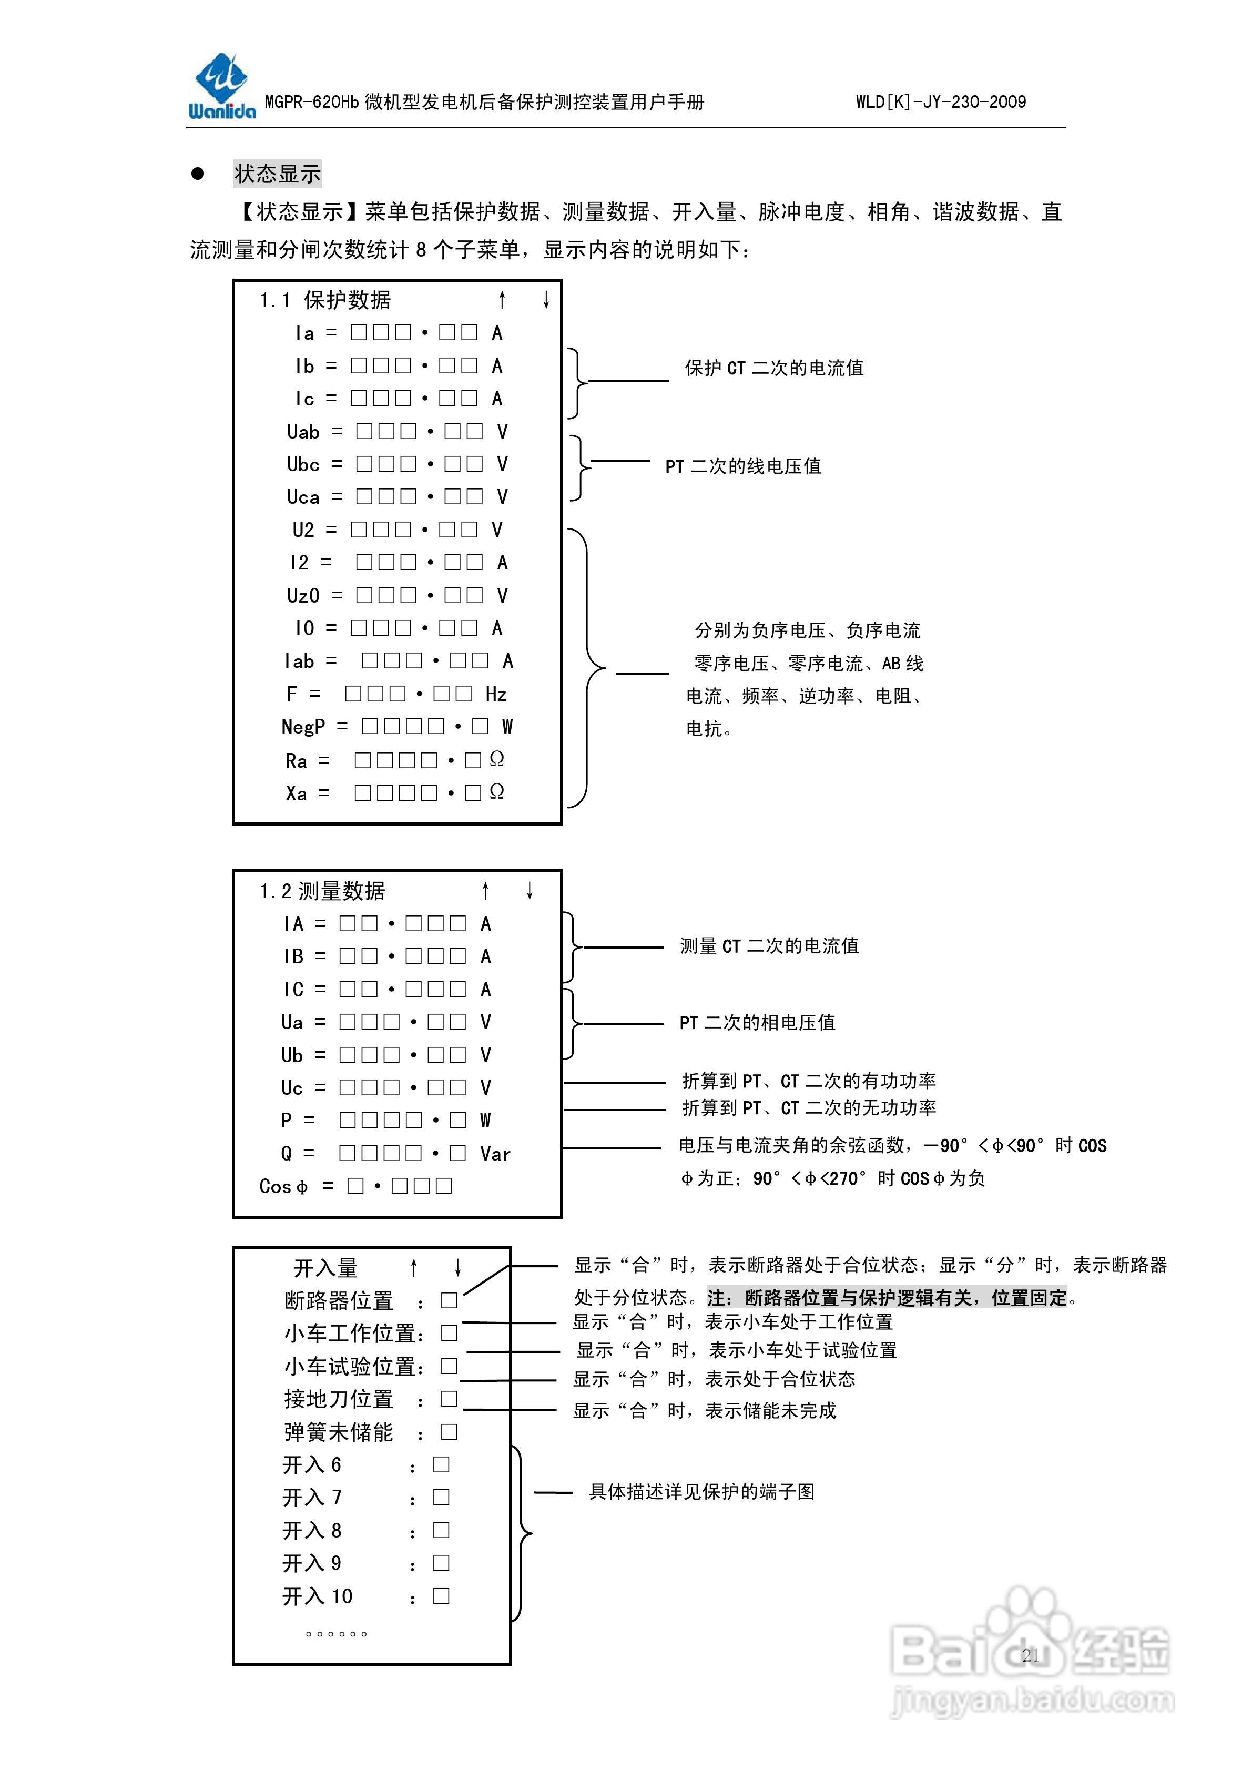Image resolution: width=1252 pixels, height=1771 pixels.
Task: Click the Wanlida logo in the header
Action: tap(221, 86)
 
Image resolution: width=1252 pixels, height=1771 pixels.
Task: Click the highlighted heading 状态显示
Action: tap(277, 174)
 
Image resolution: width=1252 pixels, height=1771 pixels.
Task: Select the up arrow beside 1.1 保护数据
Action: tap(502, 300)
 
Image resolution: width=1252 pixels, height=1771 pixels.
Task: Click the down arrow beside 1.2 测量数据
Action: tap(529, 891)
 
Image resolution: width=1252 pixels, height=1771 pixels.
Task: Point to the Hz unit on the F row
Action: tap(496, 694)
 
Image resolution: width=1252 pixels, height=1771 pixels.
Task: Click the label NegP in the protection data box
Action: tap(303, 727)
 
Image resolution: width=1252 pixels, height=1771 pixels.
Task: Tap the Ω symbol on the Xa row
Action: tap(497, 792)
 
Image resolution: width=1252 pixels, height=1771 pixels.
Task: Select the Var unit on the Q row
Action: tap(495, 1154)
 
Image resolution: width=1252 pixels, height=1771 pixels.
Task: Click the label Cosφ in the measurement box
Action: tap(283, 1186)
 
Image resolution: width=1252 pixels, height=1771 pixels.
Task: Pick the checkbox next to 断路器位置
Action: tap(449, 1300)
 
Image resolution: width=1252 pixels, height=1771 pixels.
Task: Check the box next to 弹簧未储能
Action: tap(449, 1432)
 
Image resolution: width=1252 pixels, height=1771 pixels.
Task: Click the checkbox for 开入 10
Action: tap(441, 1596)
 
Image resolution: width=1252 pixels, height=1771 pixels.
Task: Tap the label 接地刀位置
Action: tap(339, 1399)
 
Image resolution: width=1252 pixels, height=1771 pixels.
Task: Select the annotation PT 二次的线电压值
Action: tap(743, 466)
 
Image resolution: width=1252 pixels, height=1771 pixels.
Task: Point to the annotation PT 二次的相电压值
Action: tap(757, 1023)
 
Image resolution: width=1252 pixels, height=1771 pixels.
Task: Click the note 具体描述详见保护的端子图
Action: tap(701, 1492)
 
